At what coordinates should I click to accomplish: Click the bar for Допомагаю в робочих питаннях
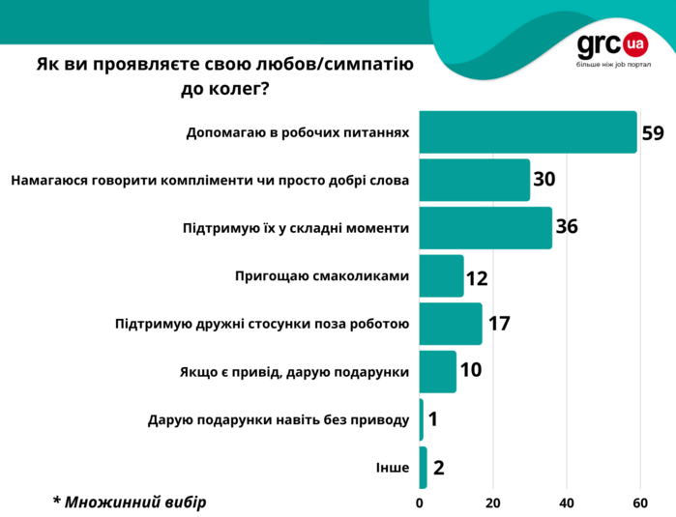pyautogui.click(x=528, y=132)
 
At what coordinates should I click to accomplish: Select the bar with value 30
pyautogui.click(x=475, y=180)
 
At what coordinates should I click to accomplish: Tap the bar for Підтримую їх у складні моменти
pyautogui.click(x=485, y=228)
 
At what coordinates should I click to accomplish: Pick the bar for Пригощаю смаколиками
pyautogui.click(x=442, y=276)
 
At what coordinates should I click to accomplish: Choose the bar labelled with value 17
pyautogui.click(x=451, y=324)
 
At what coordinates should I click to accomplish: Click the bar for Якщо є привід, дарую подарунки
pyautogui.click(x=438, y=372)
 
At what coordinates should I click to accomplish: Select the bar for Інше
pyautogui.click(x=424, y=468)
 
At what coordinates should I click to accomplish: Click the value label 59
pyautogui.click(x=653, y=132)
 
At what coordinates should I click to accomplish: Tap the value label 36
pyautogui.click(x=568, y=228)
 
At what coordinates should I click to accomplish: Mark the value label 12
pyautogui.click(x=477, y=277)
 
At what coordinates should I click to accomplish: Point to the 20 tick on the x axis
pyautogui.click(x=493, y=503)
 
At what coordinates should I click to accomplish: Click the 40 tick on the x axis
pyautogui.click(x=567, y=503)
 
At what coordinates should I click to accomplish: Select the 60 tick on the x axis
pyautogui.click(x=639, y=503)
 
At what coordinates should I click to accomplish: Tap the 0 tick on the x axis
pyautogui.click(x=420, y=503)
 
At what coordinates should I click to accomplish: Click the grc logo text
pyautogui.click(x=600, y=44)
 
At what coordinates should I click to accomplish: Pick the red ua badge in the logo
pyautogui.click(x=635, y=43)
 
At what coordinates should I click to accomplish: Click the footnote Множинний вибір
pyautogui.click(x=130, y=502)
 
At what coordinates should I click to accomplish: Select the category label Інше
pyautogui.click(x=393, y=469)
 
